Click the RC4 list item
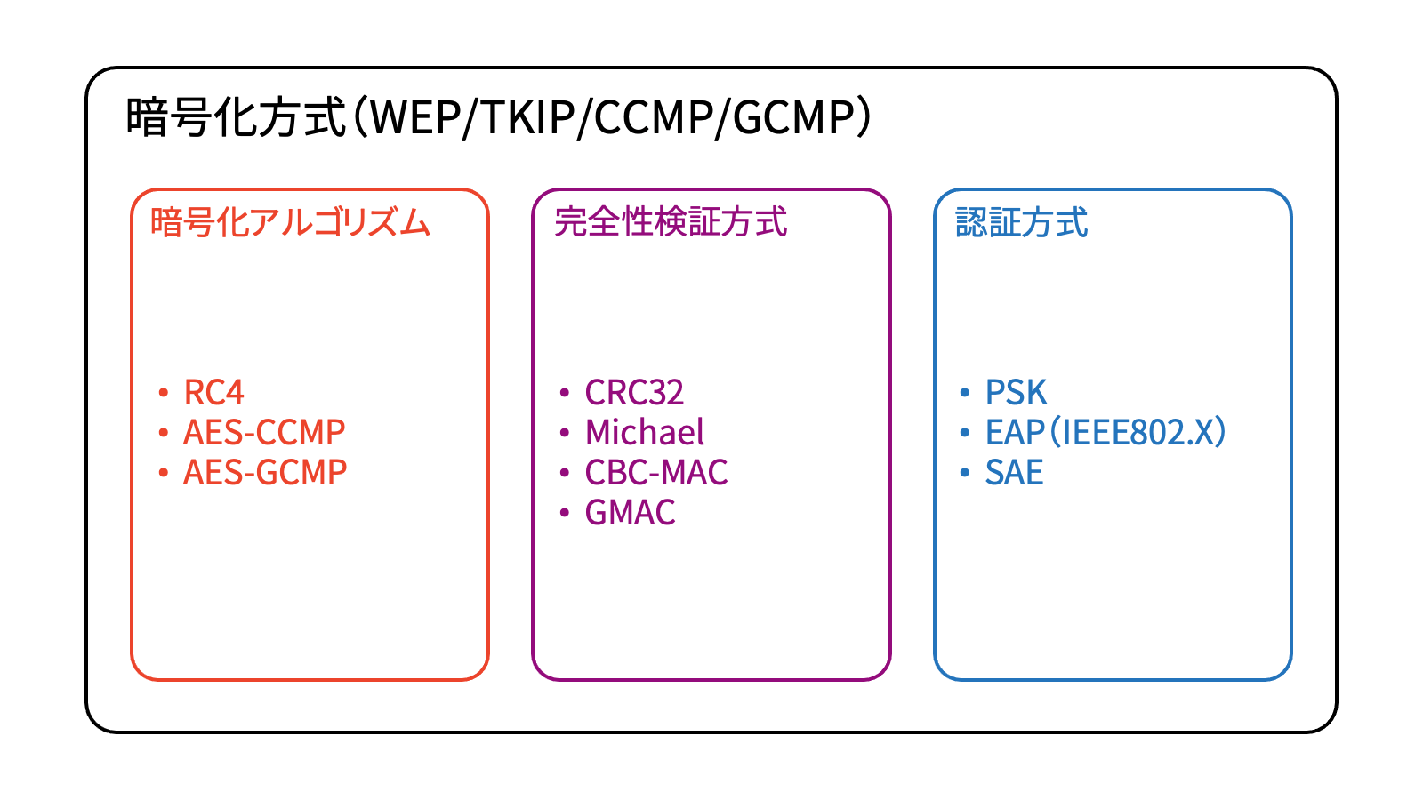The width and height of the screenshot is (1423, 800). click(x=213, y=392)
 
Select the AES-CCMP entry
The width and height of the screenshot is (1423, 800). click(x=263, y=432)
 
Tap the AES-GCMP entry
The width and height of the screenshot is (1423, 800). click(x=264, y=472)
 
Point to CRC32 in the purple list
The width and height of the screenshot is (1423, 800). click(x=634, y=392)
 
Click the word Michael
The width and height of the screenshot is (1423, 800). click(x=645, y=432)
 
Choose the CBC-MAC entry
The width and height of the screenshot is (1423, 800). click(x=656, y=472)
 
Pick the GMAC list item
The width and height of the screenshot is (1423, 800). click(x=630, y=512)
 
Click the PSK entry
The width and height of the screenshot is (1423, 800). click(x=1016, y=392)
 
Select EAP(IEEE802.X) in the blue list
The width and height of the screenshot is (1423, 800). click(x=1105, y=432)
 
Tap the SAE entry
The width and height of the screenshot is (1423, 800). click(x=1014, y=472)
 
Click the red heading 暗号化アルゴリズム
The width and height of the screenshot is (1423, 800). click(x=290, y=222)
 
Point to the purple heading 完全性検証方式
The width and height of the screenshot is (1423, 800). click(x=671, y=222)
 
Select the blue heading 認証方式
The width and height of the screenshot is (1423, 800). click(x=1021, y=222)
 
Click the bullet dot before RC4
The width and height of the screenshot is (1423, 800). click(x=163, y=392)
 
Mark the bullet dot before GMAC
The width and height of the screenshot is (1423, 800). click(x=564, y=512)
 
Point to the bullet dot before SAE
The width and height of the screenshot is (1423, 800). click(x=965, y=472)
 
